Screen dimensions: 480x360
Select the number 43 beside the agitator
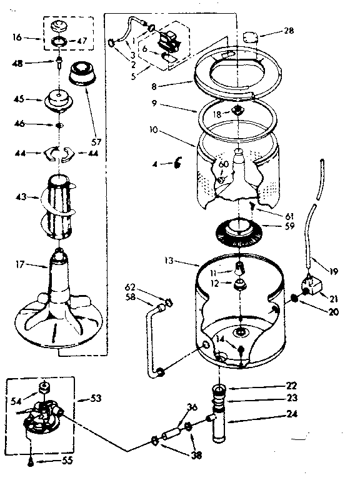[x=21, y=198]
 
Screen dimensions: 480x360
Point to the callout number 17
[x=21, y=264]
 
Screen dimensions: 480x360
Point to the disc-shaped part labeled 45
[x=59, y=99]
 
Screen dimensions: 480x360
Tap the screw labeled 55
[x=31, y=462]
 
